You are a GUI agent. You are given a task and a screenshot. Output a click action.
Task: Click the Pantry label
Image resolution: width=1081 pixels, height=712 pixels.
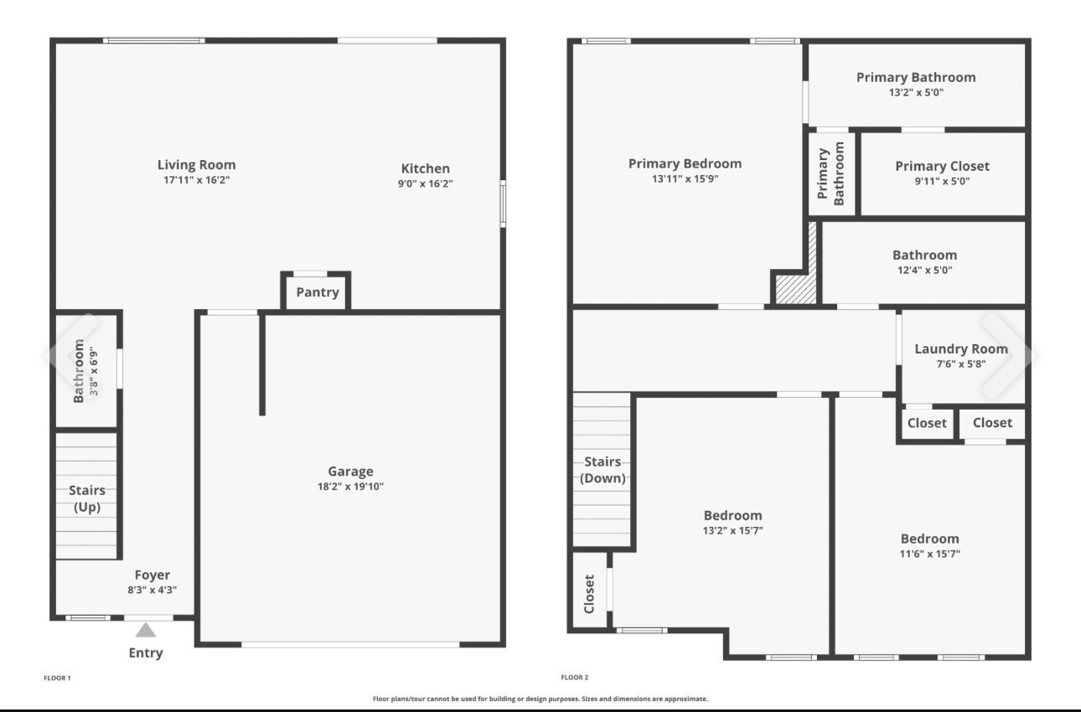point(318,292)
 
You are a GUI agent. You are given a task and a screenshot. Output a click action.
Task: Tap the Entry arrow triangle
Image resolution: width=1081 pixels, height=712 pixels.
point(146,631)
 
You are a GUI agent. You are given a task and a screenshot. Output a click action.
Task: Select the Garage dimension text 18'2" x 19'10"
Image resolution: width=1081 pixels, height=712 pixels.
point(350,486)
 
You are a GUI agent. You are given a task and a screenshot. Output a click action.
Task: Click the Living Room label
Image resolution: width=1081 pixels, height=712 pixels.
point(197,165)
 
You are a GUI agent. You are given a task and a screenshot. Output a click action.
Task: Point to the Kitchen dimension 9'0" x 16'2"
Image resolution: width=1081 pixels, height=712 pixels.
point(425,184)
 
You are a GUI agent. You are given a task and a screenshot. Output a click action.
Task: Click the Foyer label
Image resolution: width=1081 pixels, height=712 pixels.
point(153,575)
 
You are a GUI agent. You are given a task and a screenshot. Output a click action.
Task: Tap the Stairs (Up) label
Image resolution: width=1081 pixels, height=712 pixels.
point(87,498)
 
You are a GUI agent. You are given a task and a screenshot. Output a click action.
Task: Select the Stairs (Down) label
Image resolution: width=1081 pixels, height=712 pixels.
point(603,470)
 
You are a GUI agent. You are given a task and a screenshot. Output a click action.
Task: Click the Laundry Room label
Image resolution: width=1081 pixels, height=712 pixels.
point(961,349)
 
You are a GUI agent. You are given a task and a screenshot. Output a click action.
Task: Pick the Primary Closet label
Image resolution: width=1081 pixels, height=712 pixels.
point(942,166)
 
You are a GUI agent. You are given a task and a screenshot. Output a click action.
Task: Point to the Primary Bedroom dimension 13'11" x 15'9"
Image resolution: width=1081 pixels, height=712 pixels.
point(685,178)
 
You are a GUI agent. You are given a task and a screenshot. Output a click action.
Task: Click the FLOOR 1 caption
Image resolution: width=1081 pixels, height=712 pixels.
point(57,677)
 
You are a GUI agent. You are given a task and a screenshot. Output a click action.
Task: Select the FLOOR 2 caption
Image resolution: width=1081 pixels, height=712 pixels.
point(575,677)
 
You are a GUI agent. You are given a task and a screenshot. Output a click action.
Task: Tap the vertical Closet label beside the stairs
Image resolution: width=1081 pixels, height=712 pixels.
point(589,593)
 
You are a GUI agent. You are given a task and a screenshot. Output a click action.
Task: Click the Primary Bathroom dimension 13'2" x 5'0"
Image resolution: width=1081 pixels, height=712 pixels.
point(916,92)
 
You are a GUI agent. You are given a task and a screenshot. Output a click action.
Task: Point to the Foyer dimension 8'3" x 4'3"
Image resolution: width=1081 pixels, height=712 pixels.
point(147,590)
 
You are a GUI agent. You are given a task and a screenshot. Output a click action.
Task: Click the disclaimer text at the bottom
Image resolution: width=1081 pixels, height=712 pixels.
point(540,698)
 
